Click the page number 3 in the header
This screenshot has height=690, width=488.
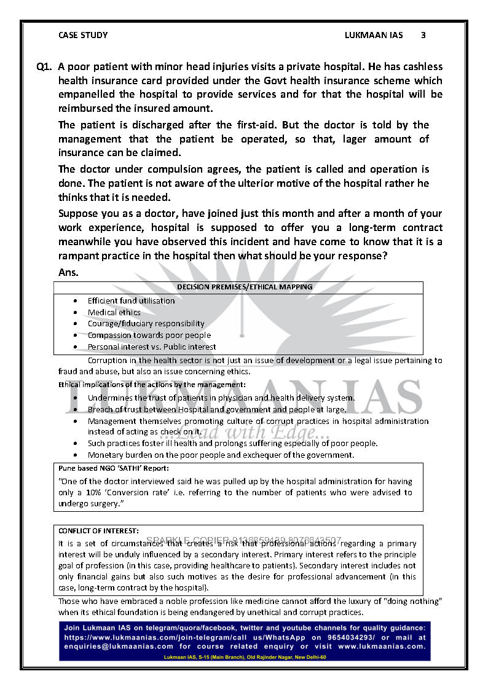pos(423,35)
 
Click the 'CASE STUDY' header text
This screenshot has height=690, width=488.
pos(83,35)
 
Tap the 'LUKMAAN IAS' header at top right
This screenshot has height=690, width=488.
pos(374,35)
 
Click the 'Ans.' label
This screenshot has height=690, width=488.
pos(68,271)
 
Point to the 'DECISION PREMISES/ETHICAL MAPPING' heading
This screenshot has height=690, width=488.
pos(245,287)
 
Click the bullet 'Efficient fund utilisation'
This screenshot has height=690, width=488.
pos(131,300)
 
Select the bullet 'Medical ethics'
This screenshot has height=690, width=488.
pos(114,312)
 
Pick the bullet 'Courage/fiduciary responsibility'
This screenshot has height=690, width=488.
pos(146,323)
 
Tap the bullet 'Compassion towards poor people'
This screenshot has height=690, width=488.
pos(149,335)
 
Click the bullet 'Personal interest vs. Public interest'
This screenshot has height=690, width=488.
pos(152,347)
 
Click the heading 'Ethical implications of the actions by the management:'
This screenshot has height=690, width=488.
pos(152,385)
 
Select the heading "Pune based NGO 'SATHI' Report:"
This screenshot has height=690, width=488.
pos(114,468)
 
